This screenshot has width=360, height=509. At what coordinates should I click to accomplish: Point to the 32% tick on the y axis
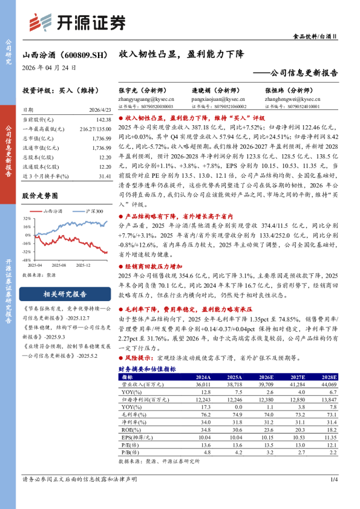pyautogui.click(x=27, y=219)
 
